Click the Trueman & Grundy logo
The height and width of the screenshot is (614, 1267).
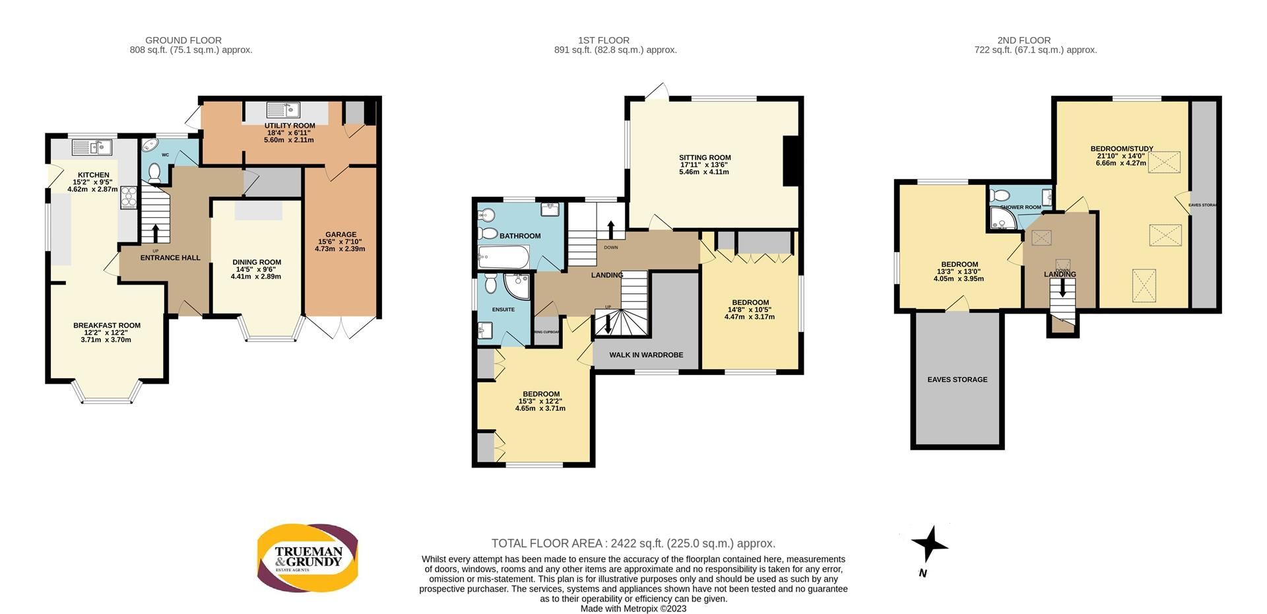pos(308,557)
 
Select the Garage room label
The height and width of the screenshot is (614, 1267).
pos(340,234)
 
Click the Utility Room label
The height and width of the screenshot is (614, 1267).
pos(290,125)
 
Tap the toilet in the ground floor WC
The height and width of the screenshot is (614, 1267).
pos(154,173)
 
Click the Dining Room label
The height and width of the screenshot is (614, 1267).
pos(257,262)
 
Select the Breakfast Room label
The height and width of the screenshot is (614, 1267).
pos(107,325)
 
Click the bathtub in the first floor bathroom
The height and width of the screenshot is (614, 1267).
pos(504,256)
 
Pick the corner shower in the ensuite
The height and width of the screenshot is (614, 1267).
pos(517,285)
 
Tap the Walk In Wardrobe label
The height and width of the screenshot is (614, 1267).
pos(645,355)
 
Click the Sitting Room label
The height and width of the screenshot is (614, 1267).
pos(705,158)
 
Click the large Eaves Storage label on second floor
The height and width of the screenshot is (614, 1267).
pos(957,380)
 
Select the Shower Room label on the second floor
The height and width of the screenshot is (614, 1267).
pos(1020,207)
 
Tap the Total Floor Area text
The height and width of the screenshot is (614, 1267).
pos(633,543)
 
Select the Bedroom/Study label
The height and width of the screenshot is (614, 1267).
pos(1121,149)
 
